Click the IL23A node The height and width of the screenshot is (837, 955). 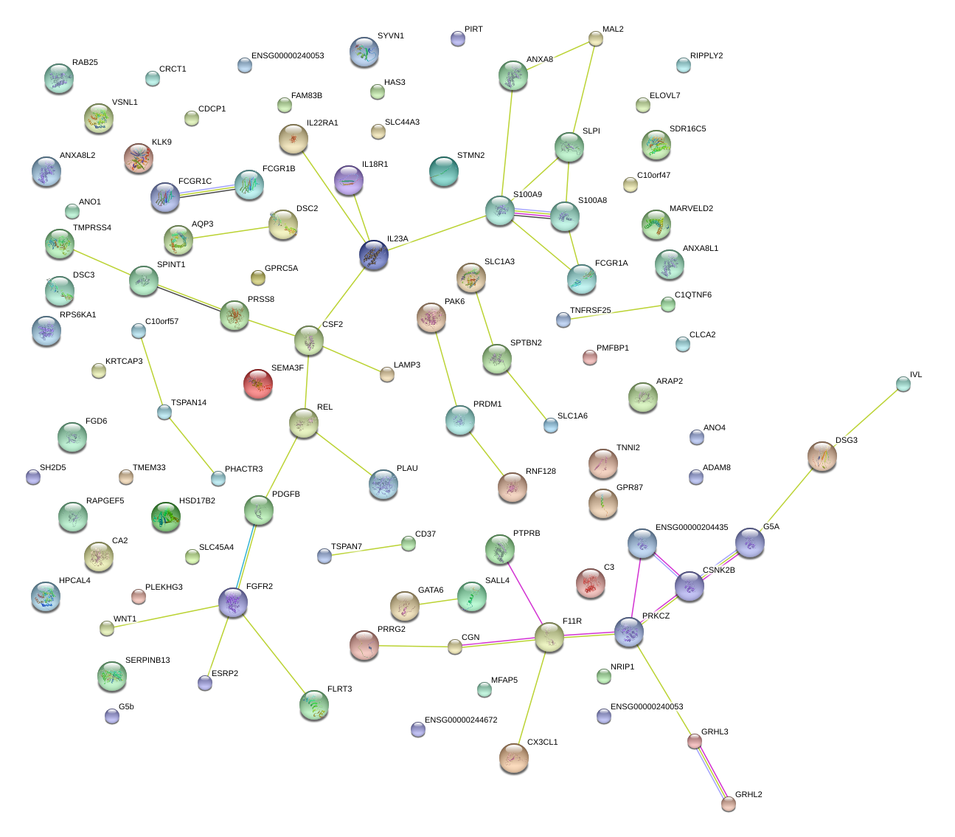(374, 255)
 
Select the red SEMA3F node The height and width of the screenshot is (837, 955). (258, 384)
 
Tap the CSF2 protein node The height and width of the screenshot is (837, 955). (308, 340)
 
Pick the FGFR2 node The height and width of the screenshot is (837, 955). (233, 603)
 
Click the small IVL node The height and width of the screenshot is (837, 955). (903, 383)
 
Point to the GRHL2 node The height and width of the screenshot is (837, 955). (729, 804)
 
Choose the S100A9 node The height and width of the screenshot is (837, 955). (499, 210)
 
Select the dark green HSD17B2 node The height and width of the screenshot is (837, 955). (165, 517)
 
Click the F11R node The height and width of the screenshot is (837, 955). (549, 637)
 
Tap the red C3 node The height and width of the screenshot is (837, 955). (590, 582)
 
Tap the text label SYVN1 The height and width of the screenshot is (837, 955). (391, 35)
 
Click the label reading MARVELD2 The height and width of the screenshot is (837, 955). (691, 208)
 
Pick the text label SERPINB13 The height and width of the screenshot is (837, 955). (147, 660)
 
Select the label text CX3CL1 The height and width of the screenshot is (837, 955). (543, 742)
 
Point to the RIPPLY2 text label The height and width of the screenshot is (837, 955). (706, 55)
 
